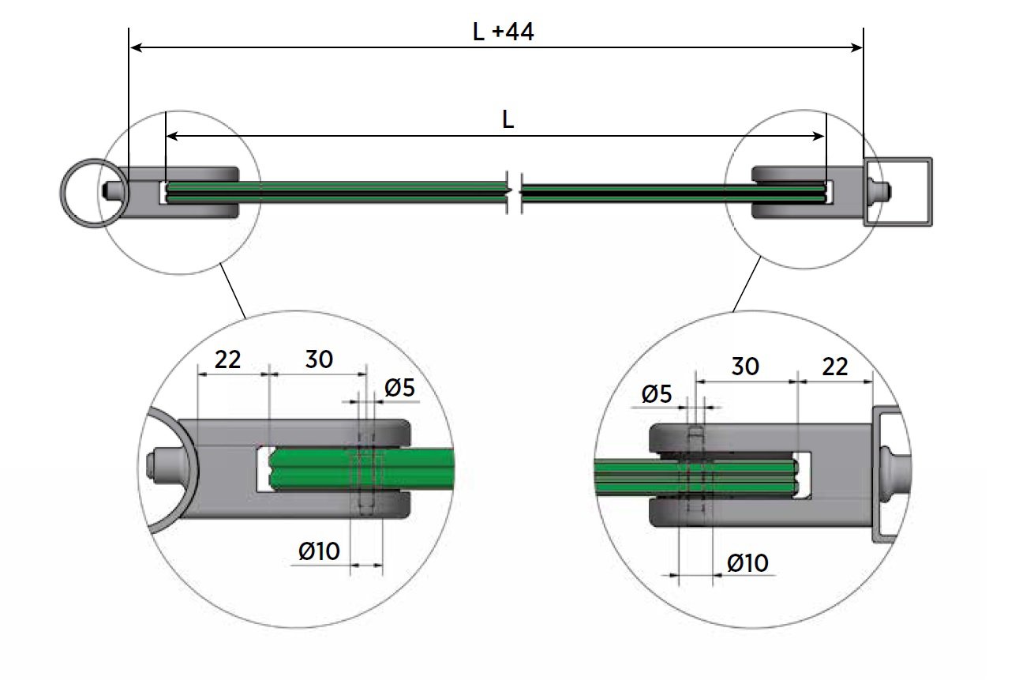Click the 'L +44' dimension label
click(504, 32)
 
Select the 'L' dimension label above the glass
click(508, 119)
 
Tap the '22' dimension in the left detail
click(227, 360)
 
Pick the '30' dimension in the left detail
click(319, 359)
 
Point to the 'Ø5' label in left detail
click(399, 388)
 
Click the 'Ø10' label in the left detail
click(320, 551)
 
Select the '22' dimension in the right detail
click(834, 367)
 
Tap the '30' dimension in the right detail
click(745, 367)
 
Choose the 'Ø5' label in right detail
click(657, 394)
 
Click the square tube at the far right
click(899, 191)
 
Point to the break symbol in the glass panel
click(515, 191)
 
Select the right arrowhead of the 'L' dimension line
click(821, 137)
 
